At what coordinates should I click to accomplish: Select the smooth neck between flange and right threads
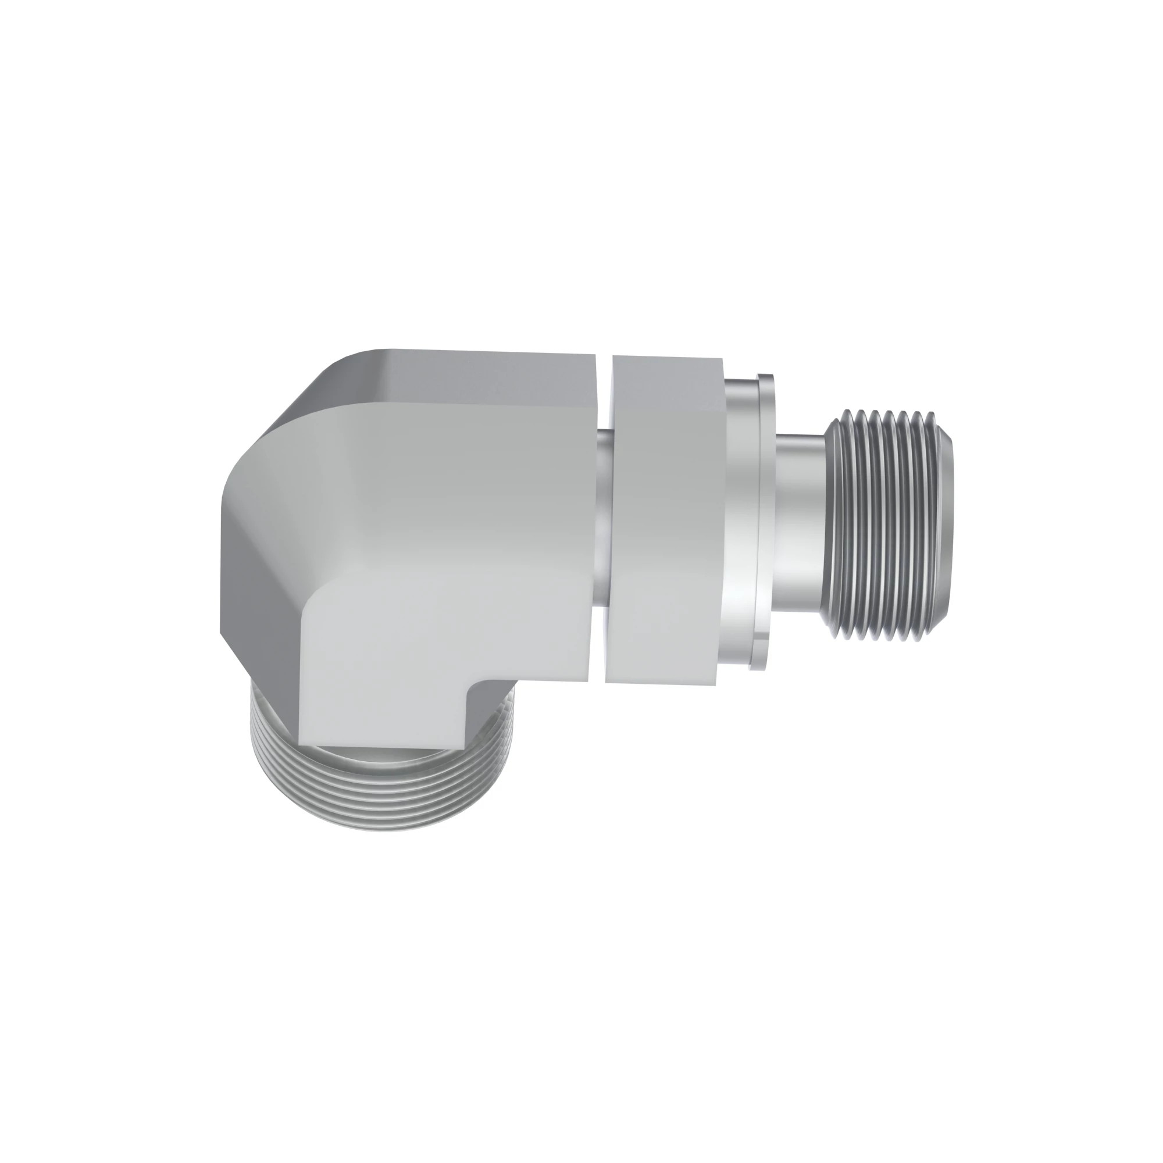point(801,524)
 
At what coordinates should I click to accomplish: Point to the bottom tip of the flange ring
point(759,667)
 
